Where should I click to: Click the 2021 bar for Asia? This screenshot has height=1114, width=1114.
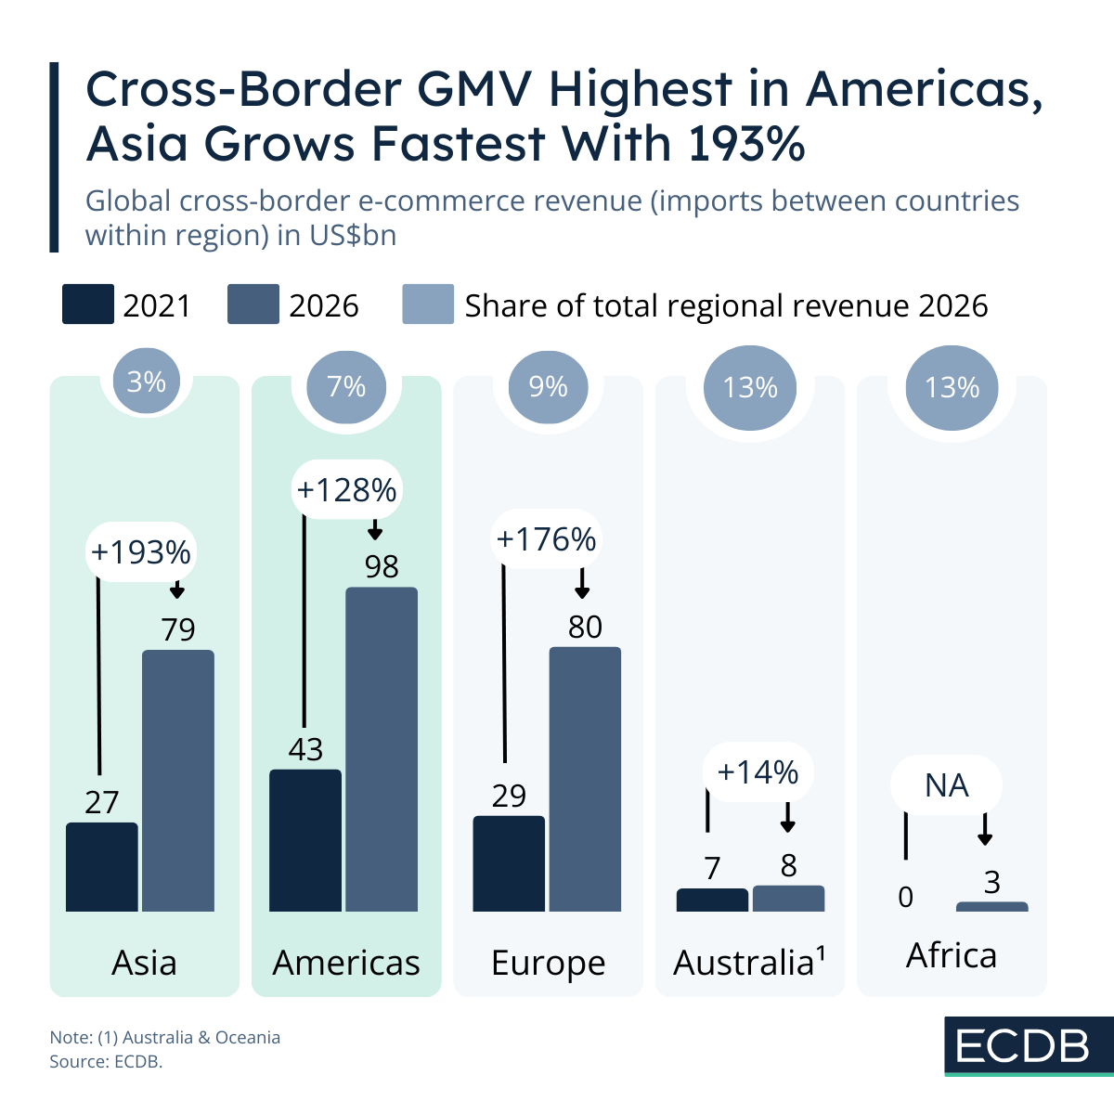tap(102, 867)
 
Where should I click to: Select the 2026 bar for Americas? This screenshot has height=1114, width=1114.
tap(382, 749)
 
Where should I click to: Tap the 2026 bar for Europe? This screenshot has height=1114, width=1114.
tap(585, 779)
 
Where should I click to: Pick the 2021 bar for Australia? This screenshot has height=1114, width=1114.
tap(712, 900)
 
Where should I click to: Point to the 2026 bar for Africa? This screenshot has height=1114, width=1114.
tap(991, 906)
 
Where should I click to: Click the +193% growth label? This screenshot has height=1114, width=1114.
tap(141, 552)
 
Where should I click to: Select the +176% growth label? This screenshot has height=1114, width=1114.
tap(547, 539)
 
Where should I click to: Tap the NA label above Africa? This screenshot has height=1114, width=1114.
tap(946, 786)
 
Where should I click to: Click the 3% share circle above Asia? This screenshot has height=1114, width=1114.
tap(147, 382)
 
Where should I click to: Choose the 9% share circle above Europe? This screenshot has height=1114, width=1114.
tap(548, 386)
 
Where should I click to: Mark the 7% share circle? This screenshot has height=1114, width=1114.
tap(346, 386)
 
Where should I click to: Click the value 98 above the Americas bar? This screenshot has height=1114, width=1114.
tap(382, 566)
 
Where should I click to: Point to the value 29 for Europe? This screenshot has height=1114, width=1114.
tap(509, 796)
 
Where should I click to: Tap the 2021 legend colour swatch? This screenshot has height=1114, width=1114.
tap(88, 304)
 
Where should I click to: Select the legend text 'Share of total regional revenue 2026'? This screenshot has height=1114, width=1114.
tap(726, 305)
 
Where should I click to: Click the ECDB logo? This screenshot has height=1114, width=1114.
tap(1023, 1046)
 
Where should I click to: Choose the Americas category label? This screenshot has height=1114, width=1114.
tap(346, 963)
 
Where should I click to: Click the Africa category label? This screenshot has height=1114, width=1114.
tap(952, 955)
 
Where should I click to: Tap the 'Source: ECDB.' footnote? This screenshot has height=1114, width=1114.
tap(106, 1061)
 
